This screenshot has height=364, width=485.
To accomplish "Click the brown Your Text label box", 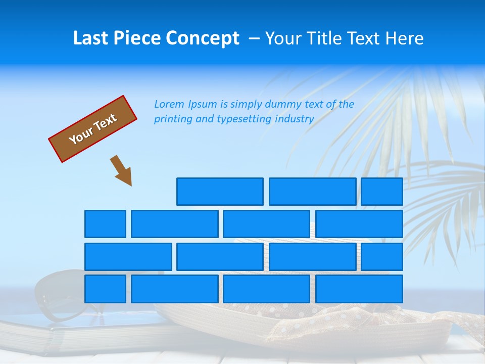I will [93, 129].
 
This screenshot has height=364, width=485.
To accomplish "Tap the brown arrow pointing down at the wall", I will [121, 170].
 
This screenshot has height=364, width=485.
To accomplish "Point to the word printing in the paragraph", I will [172, 119].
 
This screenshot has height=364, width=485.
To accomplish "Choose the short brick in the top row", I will [382, 192].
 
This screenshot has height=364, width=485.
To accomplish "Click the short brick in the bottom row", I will [105, 289].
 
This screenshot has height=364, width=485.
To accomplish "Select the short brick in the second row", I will [105, 224].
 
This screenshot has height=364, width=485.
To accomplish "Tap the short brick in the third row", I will [382, 256].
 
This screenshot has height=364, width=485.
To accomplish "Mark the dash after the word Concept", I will [254, 38].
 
